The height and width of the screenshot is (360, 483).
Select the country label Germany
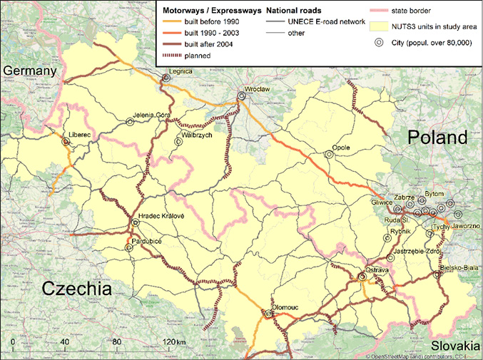(29, 71)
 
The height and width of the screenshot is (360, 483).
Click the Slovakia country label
(457, 343)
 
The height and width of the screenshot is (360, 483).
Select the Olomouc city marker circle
(269, 314)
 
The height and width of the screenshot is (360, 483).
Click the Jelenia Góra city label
(152, 114)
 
